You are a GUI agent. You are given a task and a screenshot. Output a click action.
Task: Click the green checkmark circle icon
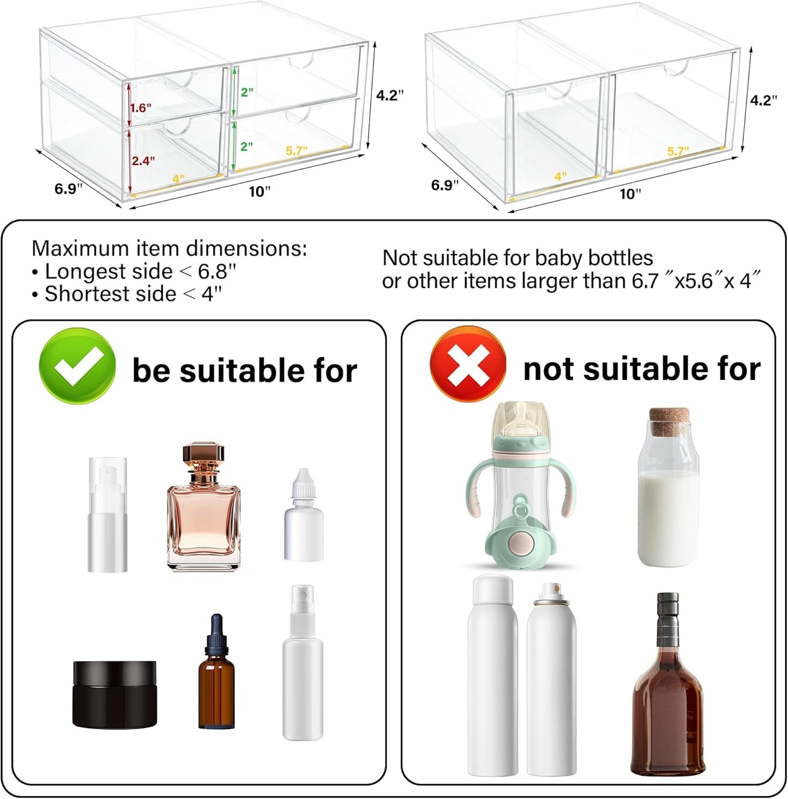tap(77, 366)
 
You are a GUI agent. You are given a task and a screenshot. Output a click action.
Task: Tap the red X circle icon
tap(467, 364)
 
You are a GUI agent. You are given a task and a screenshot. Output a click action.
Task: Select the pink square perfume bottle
tap(203, 523)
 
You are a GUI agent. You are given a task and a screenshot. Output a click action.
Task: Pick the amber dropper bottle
tap(216, 681)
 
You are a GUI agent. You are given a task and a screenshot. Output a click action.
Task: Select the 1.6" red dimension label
tap(141, 108)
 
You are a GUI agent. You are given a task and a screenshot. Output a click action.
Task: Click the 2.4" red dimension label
tap(143, 161)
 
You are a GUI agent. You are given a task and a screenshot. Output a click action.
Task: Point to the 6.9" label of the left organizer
tap(68, 189)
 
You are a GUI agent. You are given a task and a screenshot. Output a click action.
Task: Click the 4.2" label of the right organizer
tap(763, 100)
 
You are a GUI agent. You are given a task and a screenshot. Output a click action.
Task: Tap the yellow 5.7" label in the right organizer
tap(678, 151)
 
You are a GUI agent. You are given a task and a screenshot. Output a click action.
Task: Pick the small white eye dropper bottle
tap(303, 518)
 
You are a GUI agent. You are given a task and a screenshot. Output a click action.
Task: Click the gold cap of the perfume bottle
tap(203, 457)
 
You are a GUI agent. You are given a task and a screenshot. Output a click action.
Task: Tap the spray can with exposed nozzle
tap(551, 681)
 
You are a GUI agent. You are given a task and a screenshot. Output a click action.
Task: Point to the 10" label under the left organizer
tap(260, 192)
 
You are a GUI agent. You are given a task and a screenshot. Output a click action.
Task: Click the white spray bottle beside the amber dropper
tap(303, 665)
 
